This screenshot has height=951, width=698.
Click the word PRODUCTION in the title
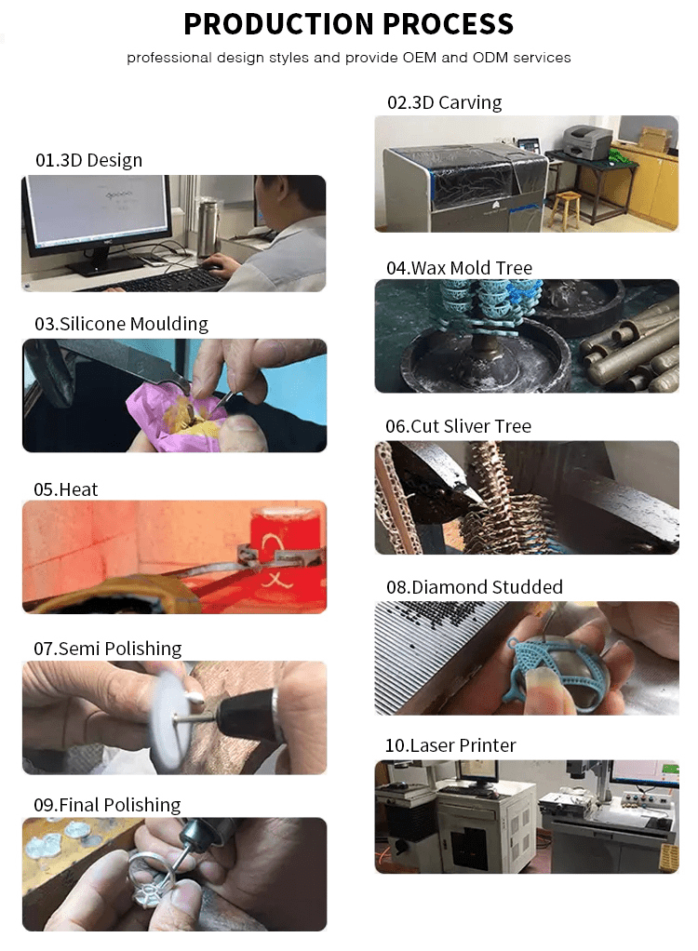278,23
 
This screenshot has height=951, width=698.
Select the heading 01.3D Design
89,160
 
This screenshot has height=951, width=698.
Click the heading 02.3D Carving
445,102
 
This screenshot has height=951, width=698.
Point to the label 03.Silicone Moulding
121,324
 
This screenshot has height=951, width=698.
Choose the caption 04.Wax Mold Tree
459,268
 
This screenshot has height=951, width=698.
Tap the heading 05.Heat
65,489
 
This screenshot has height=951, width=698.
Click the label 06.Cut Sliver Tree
459,426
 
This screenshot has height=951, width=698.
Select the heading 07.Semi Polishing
107,649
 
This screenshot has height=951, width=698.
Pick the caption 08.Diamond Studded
475,587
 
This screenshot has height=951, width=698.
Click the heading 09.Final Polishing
107,805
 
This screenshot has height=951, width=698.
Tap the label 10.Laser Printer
450,745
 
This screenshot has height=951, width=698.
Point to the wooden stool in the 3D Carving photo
567,210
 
